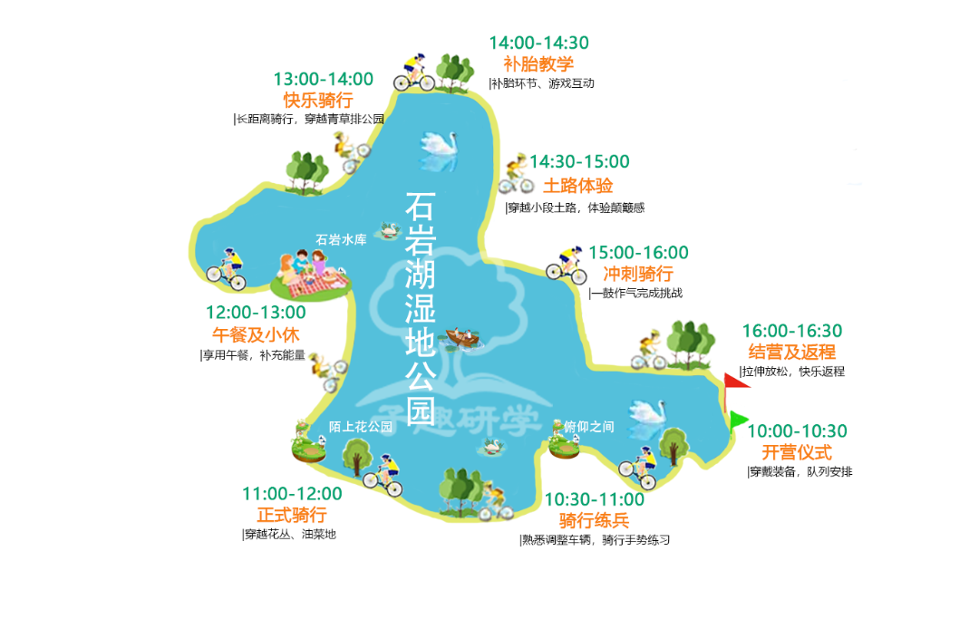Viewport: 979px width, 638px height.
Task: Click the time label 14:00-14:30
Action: [x=538, y=43]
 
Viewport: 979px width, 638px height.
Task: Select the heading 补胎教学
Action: [x=538, y=63]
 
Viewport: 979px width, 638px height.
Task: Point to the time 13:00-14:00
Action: [x=323, y=79]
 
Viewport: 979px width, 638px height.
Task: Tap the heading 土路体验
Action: [x=577, y=186]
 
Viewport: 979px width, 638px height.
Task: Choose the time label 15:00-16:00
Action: [x=638, y=252]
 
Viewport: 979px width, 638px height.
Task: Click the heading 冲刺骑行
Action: [x=638, y=273]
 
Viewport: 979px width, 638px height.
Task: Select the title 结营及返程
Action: [x=791, y=352]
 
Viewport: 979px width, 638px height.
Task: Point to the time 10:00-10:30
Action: [x=797, y=430]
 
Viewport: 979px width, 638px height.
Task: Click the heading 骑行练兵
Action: [x=594, y=519]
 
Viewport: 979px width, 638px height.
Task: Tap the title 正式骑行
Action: [x=292, y=515]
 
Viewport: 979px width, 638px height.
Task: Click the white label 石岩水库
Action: [x=341, y=240]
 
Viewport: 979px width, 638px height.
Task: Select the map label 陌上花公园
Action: [x=361, y=426]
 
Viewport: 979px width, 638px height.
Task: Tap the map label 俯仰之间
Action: [x=589, y=426]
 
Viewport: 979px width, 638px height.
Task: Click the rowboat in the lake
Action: [x=463, y=338]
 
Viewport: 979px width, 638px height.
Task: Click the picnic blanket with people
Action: [x=310, y=275]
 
